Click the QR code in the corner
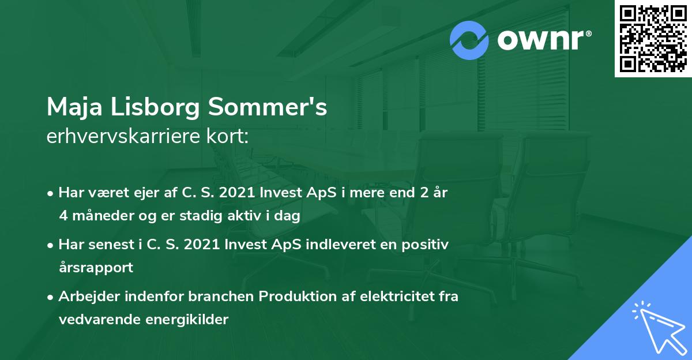coord(653,39)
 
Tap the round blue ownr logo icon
coord(469,40)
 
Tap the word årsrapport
coord(96,268)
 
